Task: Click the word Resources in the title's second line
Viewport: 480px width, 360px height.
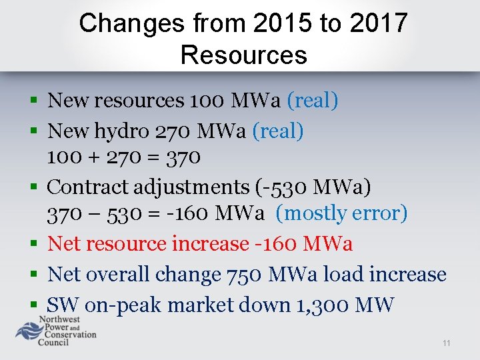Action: (x=243, y=55)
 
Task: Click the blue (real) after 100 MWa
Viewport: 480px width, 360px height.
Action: (x=312, y=101)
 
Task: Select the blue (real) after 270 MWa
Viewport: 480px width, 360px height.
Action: (x=277, y=131)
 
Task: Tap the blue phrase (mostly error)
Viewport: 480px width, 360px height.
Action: (x=341, y=213)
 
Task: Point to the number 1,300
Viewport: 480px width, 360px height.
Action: (x=317, y=305)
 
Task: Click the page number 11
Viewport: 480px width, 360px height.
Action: (x=446, y=343)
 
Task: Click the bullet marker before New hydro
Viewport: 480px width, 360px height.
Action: (x=33, y=131)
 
